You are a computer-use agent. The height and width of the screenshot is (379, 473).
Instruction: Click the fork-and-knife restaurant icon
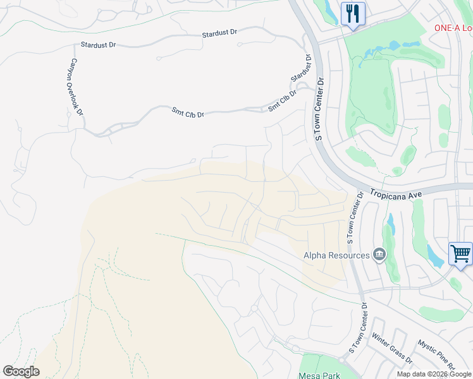pyautogui.click(x=353, y=13)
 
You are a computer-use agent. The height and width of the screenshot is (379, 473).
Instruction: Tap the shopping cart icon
pyautogui.click(x=460, y=254)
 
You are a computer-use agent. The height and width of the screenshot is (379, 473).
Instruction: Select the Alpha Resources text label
pyautogui.click(x=336, y=255)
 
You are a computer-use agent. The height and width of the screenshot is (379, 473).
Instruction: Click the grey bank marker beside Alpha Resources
pyautogui.click(x=379, y=255)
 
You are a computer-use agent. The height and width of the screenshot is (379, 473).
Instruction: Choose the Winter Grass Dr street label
pyautogui.click(x=392, y=349)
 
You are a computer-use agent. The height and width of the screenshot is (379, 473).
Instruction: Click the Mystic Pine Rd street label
pyautogui.click(x=436, y=356)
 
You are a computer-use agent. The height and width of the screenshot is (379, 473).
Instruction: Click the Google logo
pyautogui.click(x=21, y=371)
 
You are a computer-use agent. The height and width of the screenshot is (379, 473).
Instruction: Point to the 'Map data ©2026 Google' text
pyautogui.click(x=434, y=374)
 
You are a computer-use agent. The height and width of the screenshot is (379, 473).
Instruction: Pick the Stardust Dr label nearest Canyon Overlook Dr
pyautogui.click(x=99, y=45)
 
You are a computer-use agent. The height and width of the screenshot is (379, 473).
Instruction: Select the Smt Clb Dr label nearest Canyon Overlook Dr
pyautogui.click(x=188, y=112)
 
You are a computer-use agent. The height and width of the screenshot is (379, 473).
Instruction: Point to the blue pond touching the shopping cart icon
pyautogui.click(x=436, y=256)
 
